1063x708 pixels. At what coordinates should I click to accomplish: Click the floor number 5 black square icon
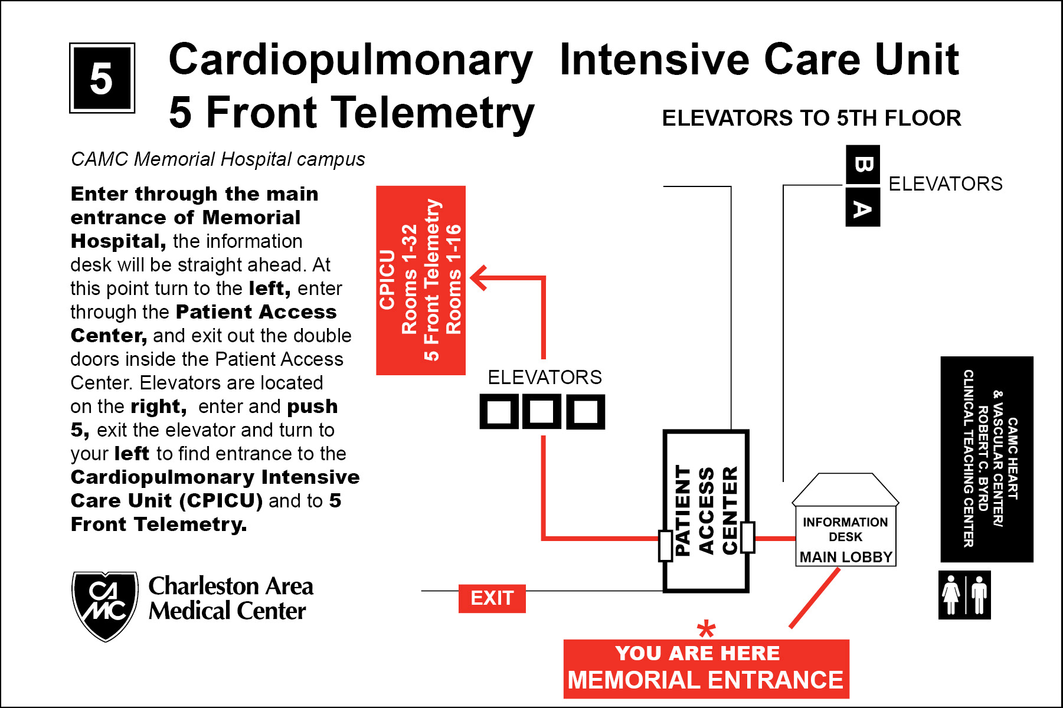pos(102,78)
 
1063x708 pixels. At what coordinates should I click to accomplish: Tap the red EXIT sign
pos(492,598)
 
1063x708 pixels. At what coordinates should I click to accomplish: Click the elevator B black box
pos(862,164)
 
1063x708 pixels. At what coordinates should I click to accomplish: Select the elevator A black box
pos(862,208)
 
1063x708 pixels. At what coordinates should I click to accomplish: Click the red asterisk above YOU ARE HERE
pos(706,630)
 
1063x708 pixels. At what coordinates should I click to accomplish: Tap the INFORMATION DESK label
pos(845,529)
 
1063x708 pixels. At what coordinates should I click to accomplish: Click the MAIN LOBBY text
pos(845,557)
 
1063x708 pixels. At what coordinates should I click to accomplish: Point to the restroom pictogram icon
pos(964,595)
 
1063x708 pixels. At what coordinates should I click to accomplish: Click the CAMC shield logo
pos(105,605)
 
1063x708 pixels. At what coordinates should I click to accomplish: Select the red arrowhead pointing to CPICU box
pos(479,277)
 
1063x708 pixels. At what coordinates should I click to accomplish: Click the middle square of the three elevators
pos(542,411)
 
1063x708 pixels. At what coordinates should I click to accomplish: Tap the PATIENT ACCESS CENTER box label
pos(706,510)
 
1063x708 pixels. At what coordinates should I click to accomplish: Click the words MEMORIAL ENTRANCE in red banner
pos(705,680)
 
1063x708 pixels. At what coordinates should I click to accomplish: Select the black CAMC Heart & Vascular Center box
pos(986,459)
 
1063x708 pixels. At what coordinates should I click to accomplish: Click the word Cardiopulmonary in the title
pos(351,60)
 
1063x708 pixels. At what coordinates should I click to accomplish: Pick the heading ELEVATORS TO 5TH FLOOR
pos(811,118)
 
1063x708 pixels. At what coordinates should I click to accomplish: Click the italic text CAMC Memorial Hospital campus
pos(218,159)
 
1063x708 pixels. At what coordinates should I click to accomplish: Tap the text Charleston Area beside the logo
pos(231,586)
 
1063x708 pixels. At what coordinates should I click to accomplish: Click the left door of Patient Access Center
pos(666,545)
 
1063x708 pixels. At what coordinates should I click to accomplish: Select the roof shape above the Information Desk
pos(845,489)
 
